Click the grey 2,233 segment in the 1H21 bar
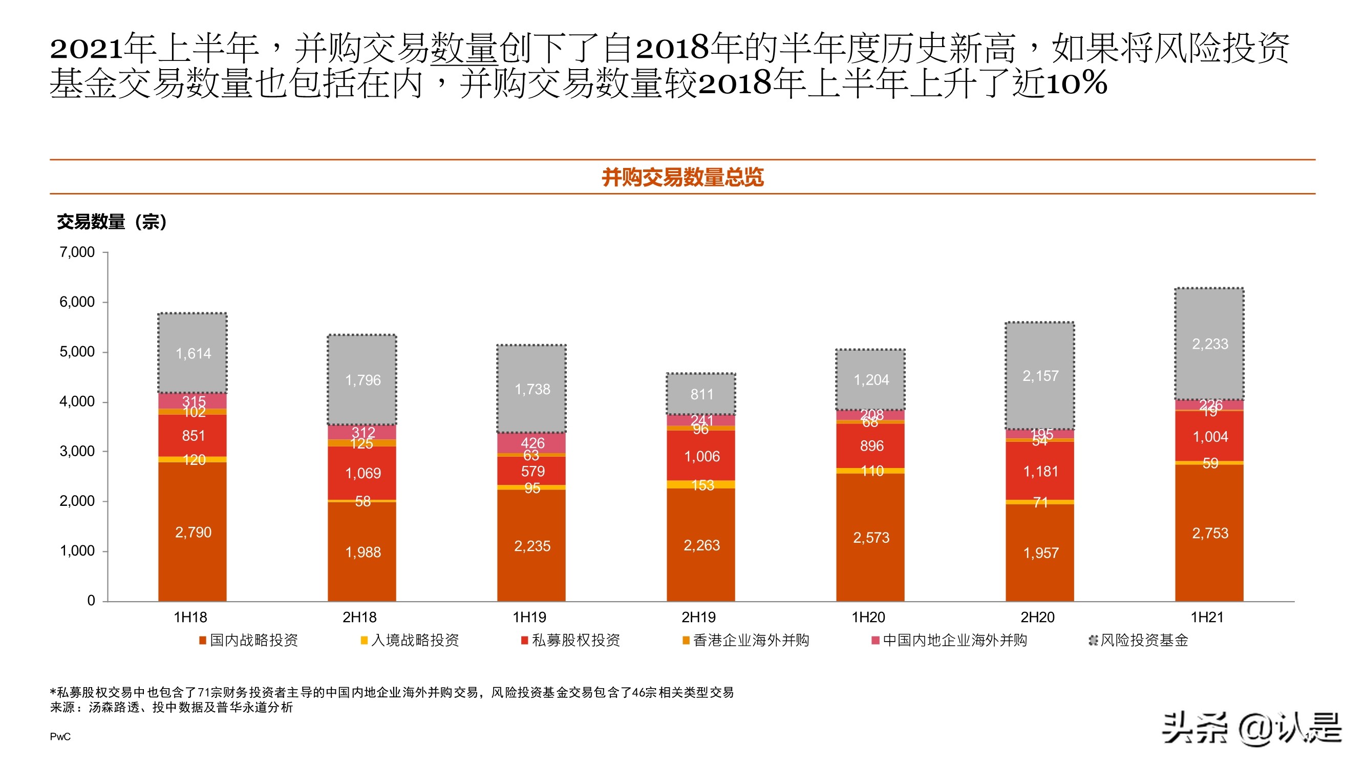tap(1209, 344)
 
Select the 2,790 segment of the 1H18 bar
tap(193, 532)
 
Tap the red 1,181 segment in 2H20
tap(1040, 471)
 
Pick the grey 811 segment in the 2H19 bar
tap(701, 394)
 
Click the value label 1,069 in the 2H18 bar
tap(362, 473)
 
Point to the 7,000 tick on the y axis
tap(77, 252)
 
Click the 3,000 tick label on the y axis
tap(77, 452)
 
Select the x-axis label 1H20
tap(868, 617)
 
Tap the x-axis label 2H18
tap(359, 617)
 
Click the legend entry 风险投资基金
tap(1143, 641)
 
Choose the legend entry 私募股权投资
tap(575, 641)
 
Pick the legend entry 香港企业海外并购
tap(750, 641)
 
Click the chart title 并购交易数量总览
tap(682, 177)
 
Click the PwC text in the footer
tap(60, 737)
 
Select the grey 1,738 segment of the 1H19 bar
tap(532, 390)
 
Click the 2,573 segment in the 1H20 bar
tap(870, 538)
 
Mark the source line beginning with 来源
tap(172, 708)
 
